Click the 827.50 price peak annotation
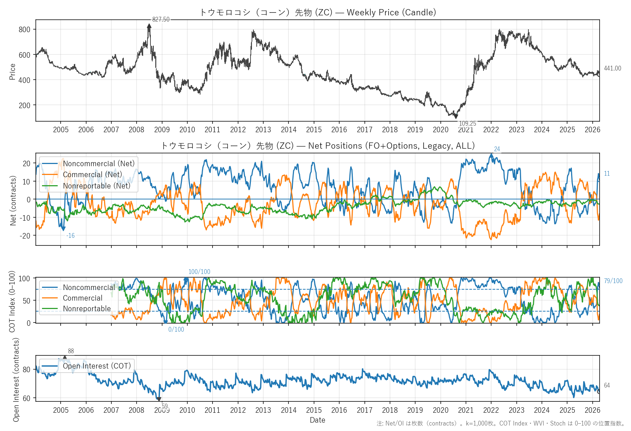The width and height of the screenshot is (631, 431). (161, 19)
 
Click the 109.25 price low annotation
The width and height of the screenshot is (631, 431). (467, 123)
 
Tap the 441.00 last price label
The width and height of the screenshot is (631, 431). (612, 68)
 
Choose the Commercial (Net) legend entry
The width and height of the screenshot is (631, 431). (92, 175)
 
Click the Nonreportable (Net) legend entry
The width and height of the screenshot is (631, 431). (96, 186)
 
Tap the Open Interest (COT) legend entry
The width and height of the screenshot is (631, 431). (97, 366)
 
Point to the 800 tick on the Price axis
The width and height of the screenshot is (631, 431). (24, 30)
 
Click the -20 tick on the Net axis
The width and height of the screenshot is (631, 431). (25, 236)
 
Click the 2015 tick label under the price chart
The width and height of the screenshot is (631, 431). (314, 130)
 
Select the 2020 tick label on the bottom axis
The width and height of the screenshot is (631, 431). (440, 410)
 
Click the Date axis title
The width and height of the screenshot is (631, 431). (317, 420)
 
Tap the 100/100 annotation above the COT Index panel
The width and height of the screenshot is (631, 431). (199, 272)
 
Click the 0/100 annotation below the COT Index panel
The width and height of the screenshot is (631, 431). (176, 329)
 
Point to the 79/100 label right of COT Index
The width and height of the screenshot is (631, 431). (613, 281)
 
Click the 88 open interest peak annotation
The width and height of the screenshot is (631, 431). (71, 351)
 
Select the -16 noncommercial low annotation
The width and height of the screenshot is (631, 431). (70, 236)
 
